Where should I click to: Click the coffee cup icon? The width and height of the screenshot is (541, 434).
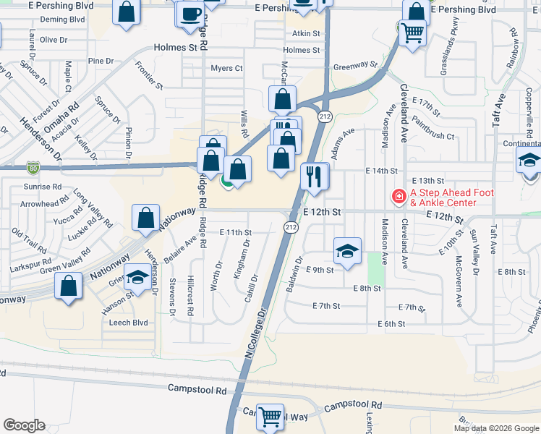(191, 14)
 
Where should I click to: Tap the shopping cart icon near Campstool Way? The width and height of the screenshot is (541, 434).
(270, 416)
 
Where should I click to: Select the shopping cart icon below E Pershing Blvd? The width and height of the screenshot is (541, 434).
(412, 33)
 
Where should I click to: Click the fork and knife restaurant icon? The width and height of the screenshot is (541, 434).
(314, 176)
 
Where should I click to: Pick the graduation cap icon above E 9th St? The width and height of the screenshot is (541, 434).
(347, 250)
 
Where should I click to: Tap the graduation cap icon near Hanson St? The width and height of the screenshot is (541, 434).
(136, 278)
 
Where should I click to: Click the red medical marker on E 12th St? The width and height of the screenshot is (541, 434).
(398, 196)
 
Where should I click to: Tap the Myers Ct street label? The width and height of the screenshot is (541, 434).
(226, 68)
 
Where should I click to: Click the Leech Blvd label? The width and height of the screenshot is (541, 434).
(128, 323)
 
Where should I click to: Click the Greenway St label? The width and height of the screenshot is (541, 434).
(356, 65)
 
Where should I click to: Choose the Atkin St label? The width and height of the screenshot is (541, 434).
(306, 33)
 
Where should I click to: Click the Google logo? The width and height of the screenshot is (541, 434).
(25, 425)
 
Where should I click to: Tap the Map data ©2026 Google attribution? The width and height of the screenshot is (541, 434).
(495, 428)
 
